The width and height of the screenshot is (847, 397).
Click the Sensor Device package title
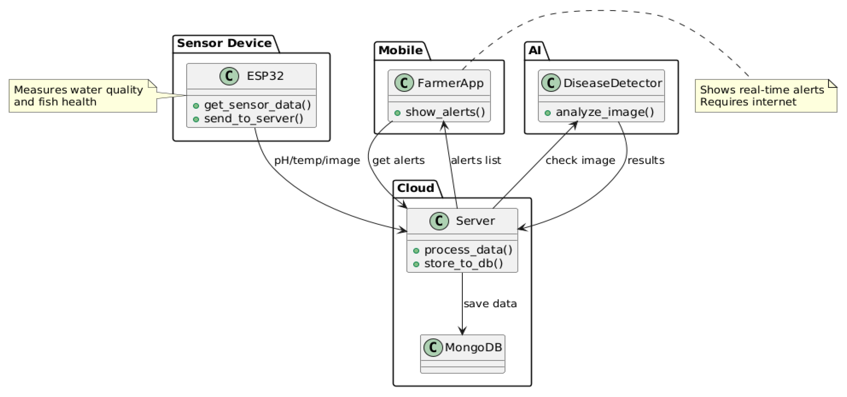click(224, 43)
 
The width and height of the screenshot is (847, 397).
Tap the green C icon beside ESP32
click(229, 76)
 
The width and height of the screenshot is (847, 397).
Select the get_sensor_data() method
click(257, 105)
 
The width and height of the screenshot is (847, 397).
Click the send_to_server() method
click(253, 118)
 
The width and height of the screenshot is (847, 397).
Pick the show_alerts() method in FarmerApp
click(445, 112)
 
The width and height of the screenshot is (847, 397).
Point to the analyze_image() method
click(604, 112)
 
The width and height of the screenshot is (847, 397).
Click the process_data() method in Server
click(468, 250)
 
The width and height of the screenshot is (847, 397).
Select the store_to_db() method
click(463, 263)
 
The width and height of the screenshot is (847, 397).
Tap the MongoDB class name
click(473, 347)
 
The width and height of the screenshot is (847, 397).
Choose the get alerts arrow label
click(398, 161)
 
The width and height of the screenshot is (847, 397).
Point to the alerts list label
click(476, 161)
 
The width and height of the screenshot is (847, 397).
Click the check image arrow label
click(580, 161)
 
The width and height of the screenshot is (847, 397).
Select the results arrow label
click(646, 161)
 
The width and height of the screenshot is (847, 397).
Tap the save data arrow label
click(490, 304)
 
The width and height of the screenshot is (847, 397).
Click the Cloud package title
click(415, 188)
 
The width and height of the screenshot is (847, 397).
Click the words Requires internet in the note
click(748, 102)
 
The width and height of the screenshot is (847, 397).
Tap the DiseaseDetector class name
click(612, 83)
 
